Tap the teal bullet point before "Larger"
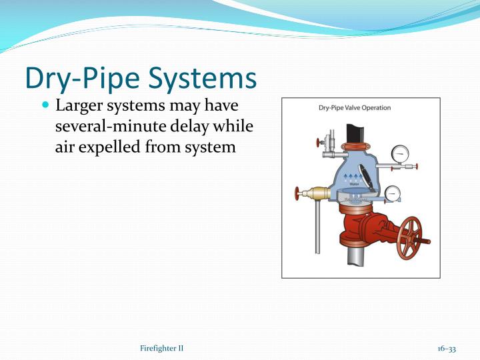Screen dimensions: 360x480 tap(45, 107)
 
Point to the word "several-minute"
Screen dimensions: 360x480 tap(106, 127)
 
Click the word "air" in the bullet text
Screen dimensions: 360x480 tap(65, 147)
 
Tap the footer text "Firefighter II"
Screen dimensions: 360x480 tap(162, 349)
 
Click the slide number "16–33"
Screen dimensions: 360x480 tap(447, 349)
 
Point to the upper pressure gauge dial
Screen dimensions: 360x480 tap(401, 153)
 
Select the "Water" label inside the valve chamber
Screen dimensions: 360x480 tap(354, 184)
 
